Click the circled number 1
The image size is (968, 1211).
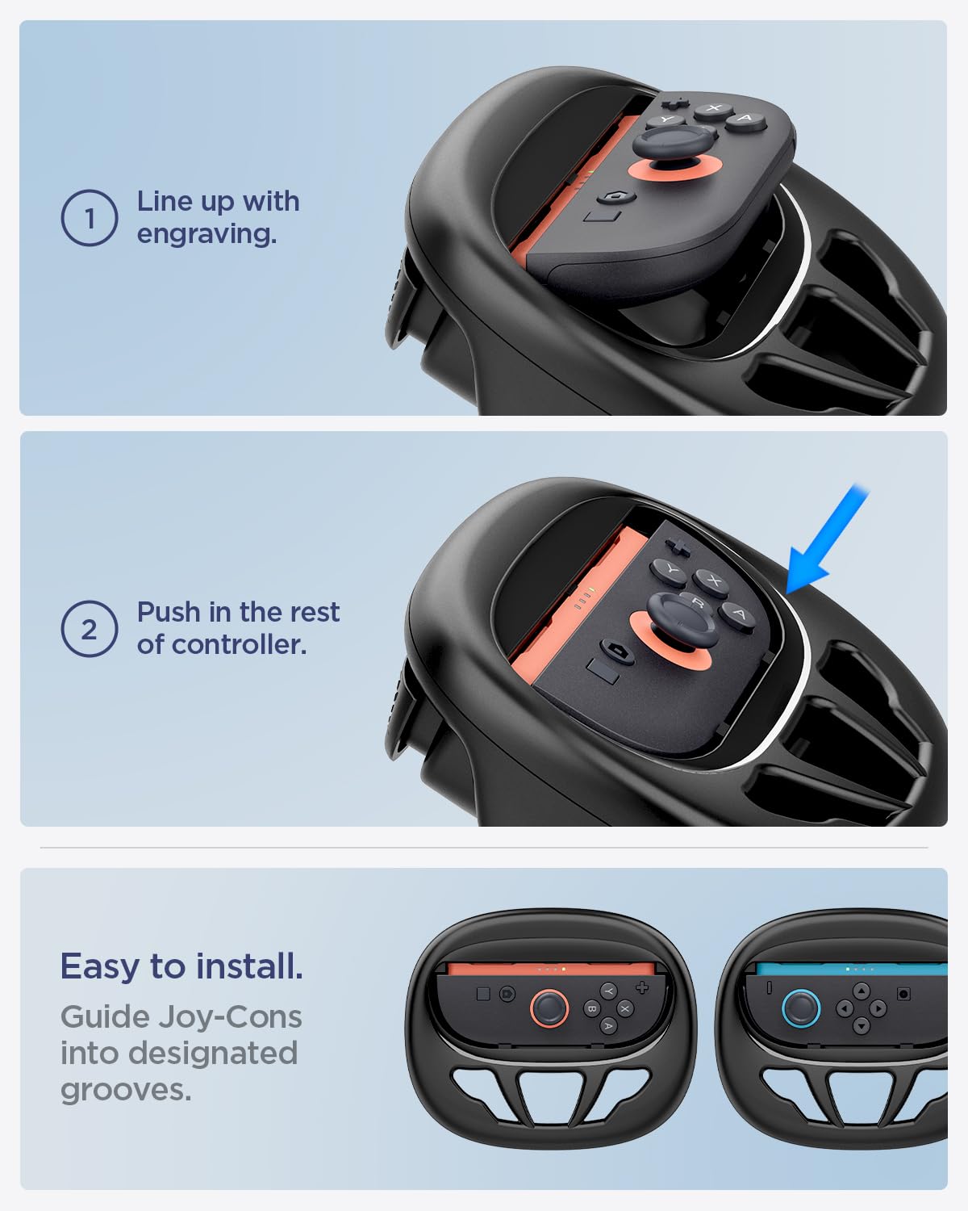[x=90, y=218]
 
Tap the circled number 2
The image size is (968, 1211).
[x=90, y=629]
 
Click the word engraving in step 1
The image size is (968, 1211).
[x=207, y=234]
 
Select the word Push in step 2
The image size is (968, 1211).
[x=169, y=612]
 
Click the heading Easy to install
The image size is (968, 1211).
[x=181, y=966]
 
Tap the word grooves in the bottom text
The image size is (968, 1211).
[x=126, y=1090]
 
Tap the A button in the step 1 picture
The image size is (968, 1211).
[x=746, y=120]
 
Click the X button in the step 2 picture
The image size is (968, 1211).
[x=714, y=580]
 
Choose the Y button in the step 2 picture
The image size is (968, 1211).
[x=670, y=570]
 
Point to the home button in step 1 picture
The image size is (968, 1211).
[x=616, y=197]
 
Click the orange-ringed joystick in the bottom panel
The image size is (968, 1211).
[x=549, y=1008]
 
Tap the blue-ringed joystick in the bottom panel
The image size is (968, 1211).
[x=801, y=1008]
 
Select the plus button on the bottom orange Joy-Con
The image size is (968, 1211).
[x=642, y=987]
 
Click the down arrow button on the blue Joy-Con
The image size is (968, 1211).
[x=862, y=1025]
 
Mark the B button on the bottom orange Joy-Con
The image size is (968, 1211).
[x=591, y=1008]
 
